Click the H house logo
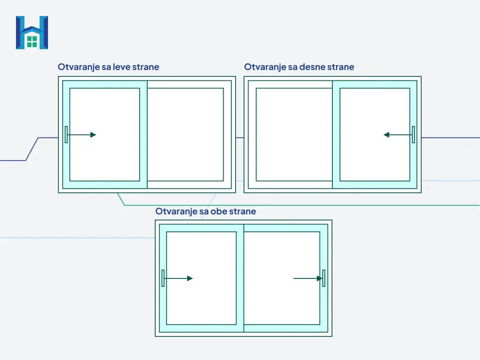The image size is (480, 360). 32,32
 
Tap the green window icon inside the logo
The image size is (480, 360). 32,42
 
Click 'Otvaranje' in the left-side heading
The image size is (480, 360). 78,67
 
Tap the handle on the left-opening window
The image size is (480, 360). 66,135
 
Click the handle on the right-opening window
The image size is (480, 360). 413,135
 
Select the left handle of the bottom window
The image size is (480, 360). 163,278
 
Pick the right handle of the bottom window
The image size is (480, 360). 324,278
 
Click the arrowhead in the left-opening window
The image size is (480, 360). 93,135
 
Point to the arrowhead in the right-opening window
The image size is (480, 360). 386,135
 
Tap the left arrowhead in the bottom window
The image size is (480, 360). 190,278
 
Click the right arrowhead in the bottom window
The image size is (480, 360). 320,278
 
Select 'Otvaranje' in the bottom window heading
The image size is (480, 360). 176,212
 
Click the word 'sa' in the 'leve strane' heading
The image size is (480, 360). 106,67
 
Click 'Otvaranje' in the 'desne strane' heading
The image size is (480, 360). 265,67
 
